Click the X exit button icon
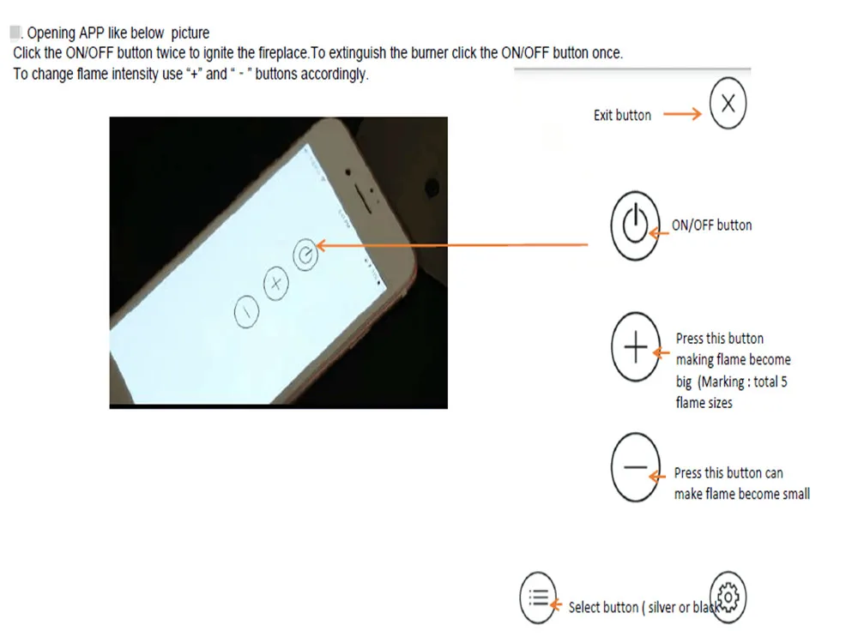coord(728,105)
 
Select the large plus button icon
coord(635,349)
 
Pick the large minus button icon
coord(635,467)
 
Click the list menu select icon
coord(538,597)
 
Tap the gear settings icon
coord(728,596)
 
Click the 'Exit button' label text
coord(622,115)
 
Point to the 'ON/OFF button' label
coord(711,225)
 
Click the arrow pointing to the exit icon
coord(682,114)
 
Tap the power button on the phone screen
coord(305,253)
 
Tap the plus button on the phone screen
coord(275,284)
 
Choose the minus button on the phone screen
coord(246,313)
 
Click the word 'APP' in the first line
coord(91,33)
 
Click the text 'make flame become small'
coord(741,494)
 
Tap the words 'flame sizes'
coord(704,402)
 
